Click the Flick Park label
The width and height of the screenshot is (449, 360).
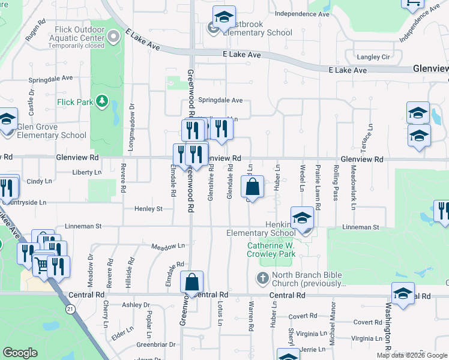pyautogui.click(x=75, y=102)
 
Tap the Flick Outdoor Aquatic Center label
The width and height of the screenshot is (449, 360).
pyautogui.click(x=76, y=38)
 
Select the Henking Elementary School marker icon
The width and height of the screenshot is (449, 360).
pyautogui.click(x=303, y=220)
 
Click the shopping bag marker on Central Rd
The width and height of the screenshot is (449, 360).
pyautogui.click(x=191, y=283)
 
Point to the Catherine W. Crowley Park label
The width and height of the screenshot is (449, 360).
pyautogui.click(x=271, y=250)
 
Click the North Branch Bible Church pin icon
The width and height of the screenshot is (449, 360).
pyautogui.click(x=262, y=278)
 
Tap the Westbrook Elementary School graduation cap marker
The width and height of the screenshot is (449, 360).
pyautogui.click(x=224, y=19)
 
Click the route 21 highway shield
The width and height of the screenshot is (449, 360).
pyautogui.click(x=70, y=308)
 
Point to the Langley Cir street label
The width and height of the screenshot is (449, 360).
pyautogui.click(x=373, y=57)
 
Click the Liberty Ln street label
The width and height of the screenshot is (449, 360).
pyautogui.click(x=87, y=172)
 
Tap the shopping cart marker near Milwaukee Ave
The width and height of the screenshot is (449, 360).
pyautogui.click(x=41, y=264)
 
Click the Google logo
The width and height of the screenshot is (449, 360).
pyautogui.click(x=20, y=353)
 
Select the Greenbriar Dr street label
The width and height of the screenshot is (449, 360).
pyautogui.click(x=155, y=344)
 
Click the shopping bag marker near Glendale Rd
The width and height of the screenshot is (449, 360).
pyautogui.click(x=253, y=188)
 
